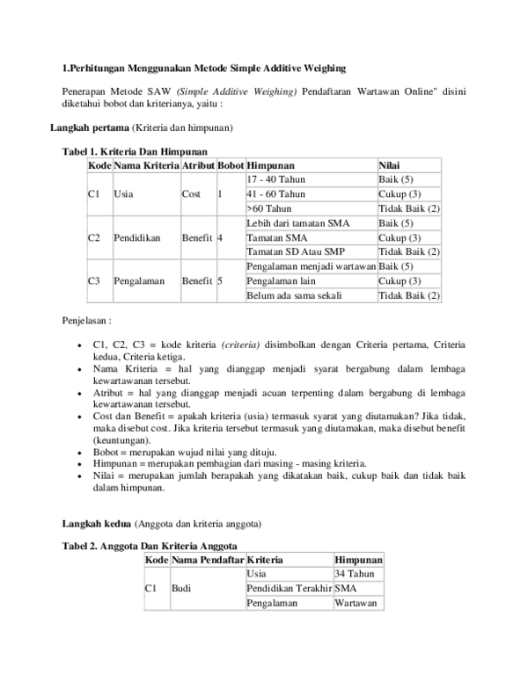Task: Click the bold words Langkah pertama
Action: [x=84, y=127]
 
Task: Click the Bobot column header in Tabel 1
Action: [x=231, y=165]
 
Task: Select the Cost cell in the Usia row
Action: [x=191, y=193]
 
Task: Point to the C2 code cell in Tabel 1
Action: [x=94, y=237]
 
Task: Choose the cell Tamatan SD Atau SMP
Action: [x=296, y=251]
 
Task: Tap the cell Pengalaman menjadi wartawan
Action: [x=312, y=266]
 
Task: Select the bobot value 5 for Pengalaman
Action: [x=220, y=280]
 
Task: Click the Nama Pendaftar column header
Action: [x=207, y=560]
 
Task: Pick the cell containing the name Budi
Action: [x=181, y=588]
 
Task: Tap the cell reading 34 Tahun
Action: [x=355, y=573]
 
